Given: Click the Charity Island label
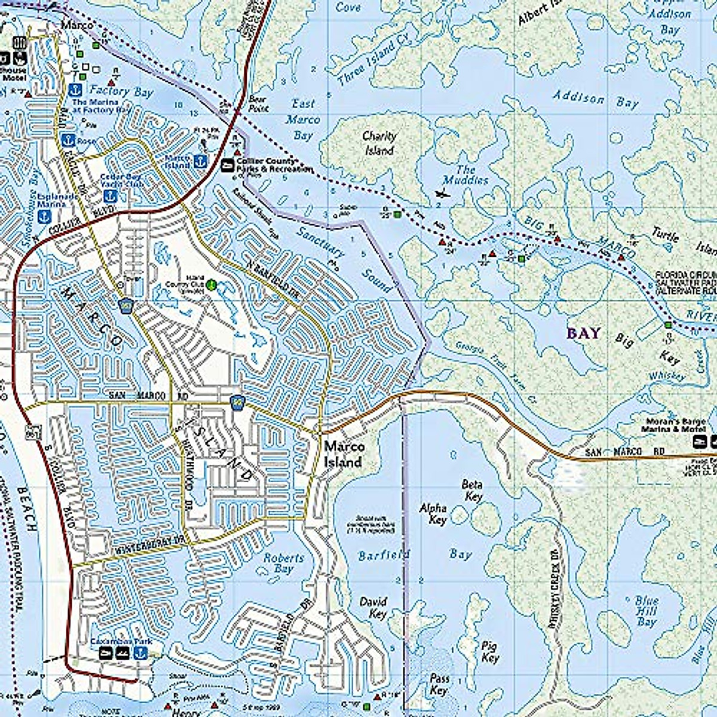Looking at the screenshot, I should point(379,143).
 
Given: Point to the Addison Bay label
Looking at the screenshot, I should point(595,99).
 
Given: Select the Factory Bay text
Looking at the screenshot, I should point(121,91).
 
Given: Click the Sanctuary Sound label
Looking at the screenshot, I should point(347,260).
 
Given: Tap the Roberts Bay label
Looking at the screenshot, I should point(284,563).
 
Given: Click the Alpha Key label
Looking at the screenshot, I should point(433,514).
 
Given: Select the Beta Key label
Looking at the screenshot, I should point(472,490).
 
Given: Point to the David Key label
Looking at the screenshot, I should point(373,608).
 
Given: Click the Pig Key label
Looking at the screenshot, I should point(490,651).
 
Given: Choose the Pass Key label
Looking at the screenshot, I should point(439,684).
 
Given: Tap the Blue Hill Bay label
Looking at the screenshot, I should point(646,611).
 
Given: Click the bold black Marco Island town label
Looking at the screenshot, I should point(344,454).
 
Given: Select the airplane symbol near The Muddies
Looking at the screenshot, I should point(442,194).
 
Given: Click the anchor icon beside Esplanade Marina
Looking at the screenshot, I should point(44,217).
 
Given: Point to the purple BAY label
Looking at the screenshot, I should point(583,333).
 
